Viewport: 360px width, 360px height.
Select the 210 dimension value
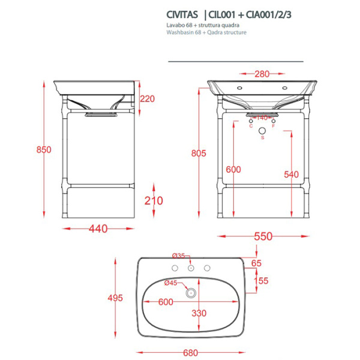(154, 200)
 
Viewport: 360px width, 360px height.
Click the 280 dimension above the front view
(262, 74)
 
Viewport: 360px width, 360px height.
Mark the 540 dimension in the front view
(291, 175)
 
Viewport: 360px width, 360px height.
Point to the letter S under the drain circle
(262, 139)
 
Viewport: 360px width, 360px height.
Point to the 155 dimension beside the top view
(260, 281)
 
